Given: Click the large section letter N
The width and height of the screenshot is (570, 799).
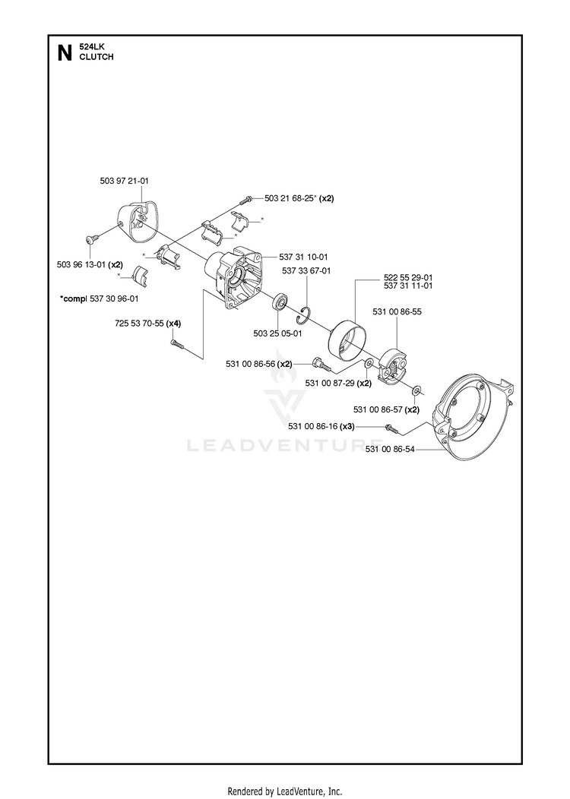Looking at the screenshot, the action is click(x=65, y=52).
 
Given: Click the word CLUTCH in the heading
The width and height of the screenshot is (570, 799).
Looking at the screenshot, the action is click(x=97, y=57).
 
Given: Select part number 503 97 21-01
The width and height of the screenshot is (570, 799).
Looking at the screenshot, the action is click(x=125, y=181).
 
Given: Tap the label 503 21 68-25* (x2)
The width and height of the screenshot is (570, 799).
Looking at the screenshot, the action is click(x=299, y=198).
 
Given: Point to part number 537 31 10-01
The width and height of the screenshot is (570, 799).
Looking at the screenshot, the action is click(x=303, y=257).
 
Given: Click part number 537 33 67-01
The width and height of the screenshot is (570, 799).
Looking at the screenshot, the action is click(x=306, y=270).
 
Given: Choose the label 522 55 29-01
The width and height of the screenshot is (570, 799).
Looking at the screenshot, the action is click(x=408, y=278).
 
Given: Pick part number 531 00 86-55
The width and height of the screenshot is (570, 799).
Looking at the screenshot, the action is click(x=397, y=311).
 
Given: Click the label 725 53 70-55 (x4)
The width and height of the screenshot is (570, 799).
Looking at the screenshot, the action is click(x=148, y=323).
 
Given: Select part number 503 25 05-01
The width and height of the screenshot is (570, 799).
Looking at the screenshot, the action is click(x=278, y=333).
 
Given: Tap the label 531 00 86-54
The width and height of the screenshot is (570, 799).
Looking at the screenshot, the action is click(x=391, y=449).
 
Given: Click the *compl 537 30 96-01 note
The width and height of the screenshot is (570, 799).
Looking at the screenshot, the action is click(x=99, y=298).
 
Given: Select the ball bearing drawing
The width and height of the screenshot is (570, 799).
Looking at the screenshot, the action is click(x=280, y=302).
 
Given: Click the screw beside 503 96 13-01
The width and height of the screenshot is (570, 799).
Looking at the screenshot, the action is click(x=92, y=239).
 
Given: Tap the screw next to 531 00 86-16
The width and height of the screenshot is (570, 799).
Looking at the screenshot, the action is click(x=391, y=428).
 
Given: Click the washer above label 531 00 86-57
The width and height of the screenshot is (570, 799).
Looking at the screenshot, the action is click(x=416, y=391).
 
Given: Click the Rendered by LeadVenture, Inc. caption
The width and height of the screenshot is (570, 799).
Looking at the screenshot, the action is click(x=285, y=791).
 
